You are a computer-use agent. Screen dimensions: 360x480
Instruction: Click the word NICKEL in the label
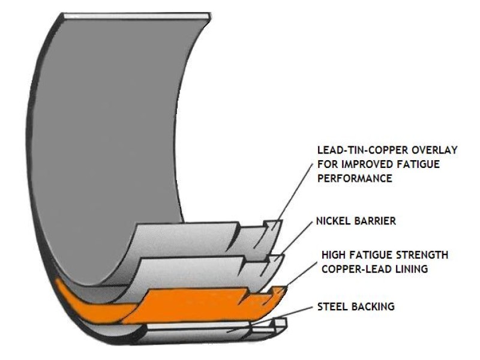[x=333, y=221]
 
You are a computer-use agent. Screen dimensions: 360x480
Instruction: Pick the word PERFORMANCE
[x=353, y=179]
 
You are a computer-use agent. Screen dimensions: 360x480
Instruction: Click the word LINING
[x=410, y=269]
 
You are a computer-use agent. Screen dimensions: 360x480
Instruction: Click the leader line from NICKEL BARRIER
[x=297, y=237]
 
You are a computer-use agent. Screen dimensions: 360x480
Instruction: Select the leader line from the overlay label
[x=294, y=192]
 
